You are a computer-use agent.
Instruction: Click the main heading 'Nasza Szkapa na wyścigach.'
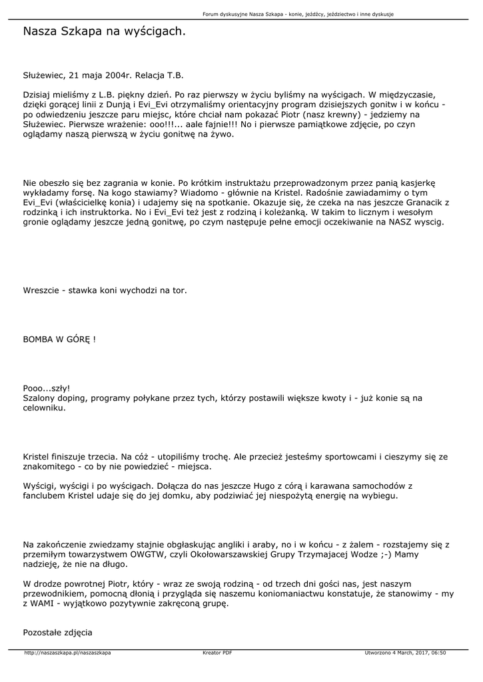(105, 31)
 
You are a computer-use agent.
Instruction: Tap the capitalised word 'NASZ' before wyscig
(400, 222)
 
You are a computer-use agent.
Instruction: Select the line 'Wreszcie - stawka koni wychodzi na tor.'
(105, 290)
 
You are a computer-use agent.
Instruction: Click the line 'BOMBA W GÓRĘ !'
(60, 339)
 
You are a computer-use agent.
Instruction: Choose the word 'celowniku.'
(45, 408)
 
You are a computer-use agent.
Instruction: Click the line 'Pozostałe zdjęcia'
(58, 632)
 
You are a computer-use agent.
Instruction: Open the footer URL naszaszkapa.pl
(67, 653)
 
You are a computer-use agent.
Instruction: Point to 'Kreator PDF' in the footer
(217, 653)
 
